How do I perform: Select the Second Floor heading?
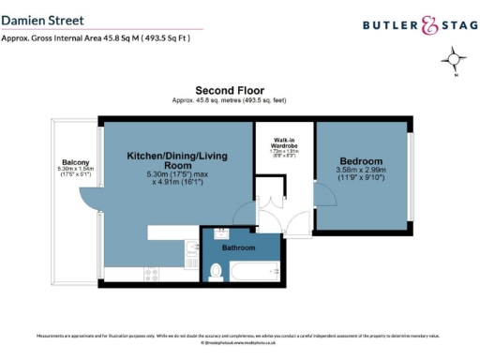(239, 89)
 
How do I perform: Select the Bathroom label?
(236, 249)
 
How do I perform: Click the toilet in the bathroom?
(217, 271)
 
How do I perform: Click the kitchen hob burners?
(152, 273)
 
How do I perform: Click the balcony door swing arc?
(88, 200)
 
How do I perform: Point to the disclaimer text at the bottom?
(239, 336)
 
